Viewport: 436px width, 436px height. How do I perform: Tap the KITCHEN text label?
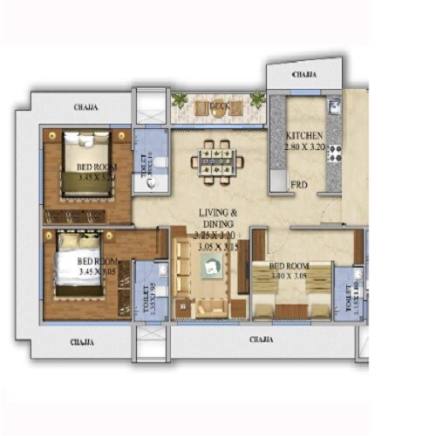pos(304,136)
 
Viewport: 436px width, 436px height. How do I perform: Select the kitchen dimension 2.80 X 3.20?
pos(304,147)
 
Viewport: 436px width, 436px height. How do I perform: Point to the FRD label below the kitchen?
pos(298,185)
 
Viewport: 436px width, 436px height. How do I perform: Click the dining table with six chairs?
pos(216,158)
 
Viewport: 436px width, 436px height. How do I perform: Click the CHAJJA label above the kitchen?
pos(304,75)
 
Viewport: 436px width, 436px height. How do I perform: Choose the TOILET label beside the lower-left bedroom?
pos(145,301)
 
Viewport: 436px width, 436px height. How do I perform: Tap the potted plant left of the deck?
pos(181,99)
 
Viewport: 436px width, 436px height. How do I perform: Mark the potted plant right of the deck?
pos(257,99)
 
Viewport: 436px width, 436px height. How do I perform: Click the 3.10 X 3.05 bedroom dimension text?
pos(288,276)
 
